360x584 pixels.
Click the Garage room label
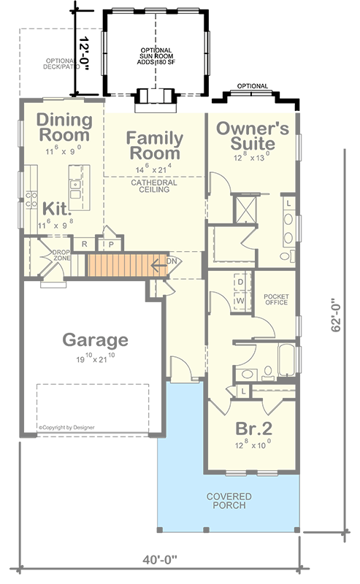click(95, 339)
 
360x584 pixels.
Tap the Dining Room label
click(64, 127)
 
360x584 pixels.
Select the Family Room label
click(153, 145)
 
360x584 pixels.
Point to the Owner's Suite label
click(253, 136)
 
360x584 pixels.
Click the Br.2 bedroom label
click(253, 428)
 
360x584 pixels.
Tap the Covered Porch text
click(228, 501)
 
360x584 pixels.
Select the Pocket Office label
click(277, 300)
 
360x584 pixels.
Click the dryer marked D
click(240, 282)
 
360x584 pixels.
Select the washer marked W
click(240, 299)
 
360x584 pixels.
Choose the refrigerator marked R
click(85, 245)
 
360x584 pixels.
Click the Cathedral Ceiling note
click(150, 185)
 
